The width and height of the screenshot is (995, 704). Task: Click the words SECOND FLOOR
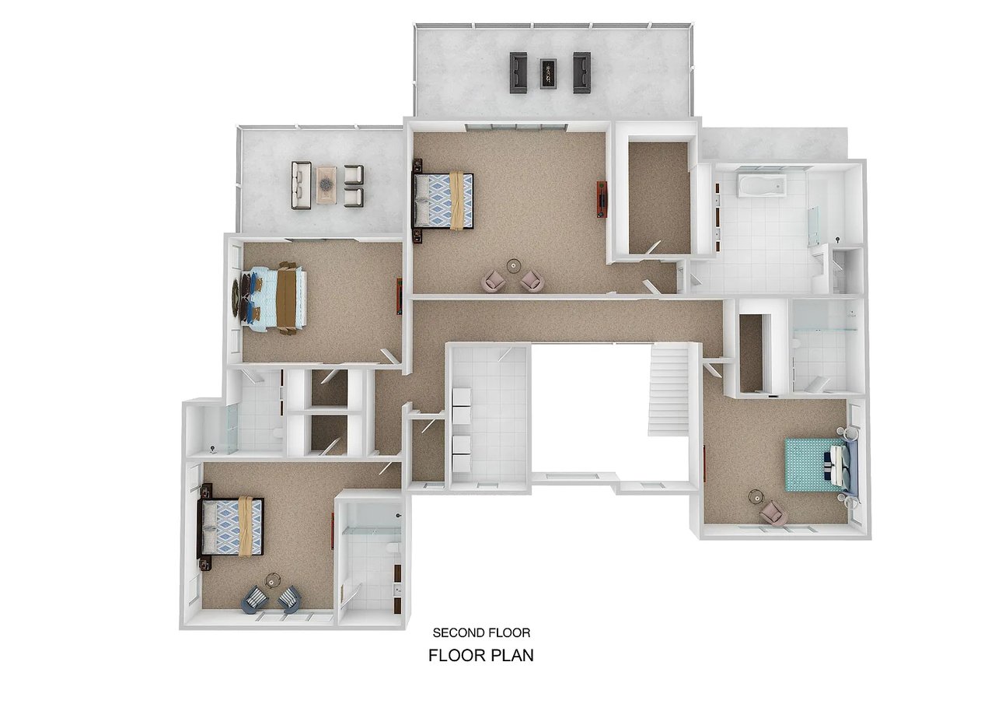click(x=481, y=633)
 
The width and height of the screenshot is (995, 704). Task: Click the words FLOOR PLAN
click(x=481, y=656)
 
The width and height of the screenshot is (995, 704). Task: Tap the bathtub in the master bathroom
click(x=762, y=185)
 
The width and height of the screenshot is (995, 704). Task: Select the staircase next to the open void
click(x=669, y=391)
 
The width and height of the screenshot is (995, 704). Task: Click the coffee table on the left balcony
click(x=326, y=185)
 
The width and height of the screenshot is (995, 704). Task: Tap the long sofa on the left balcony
click(x=301, y=185)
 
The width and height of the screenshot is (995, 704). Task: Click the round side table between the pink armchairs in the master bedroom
click(x=514, y=266)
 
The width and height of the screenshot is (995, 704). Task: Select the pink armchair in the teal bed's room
click(x=773, y=513)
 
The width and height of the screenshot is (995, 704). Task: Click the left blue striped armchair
click(x=255, y=600)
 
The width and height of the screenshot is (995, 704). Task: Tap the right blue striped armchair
click(x=289, y=600)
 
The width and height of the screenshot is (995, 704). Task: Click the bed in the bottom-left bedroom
click(x=231, y=526)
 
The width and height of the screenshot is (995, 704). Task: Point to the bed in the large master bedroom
click(x=443, y=201)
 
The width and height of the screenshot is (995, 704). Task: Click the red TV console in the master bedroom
click(x=602, y=199)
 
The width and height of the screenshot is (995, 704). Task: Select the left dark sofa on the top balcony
click(x=518, y=72)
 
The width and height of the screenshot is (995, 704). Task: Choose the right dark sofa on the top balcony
click(x=582, y=72)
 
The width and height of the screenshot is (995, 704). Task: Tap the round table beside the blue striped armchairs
click(x=273, y=580)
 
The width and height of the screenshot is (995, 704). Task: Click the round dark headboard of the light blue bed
click(x=236, y=297)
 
